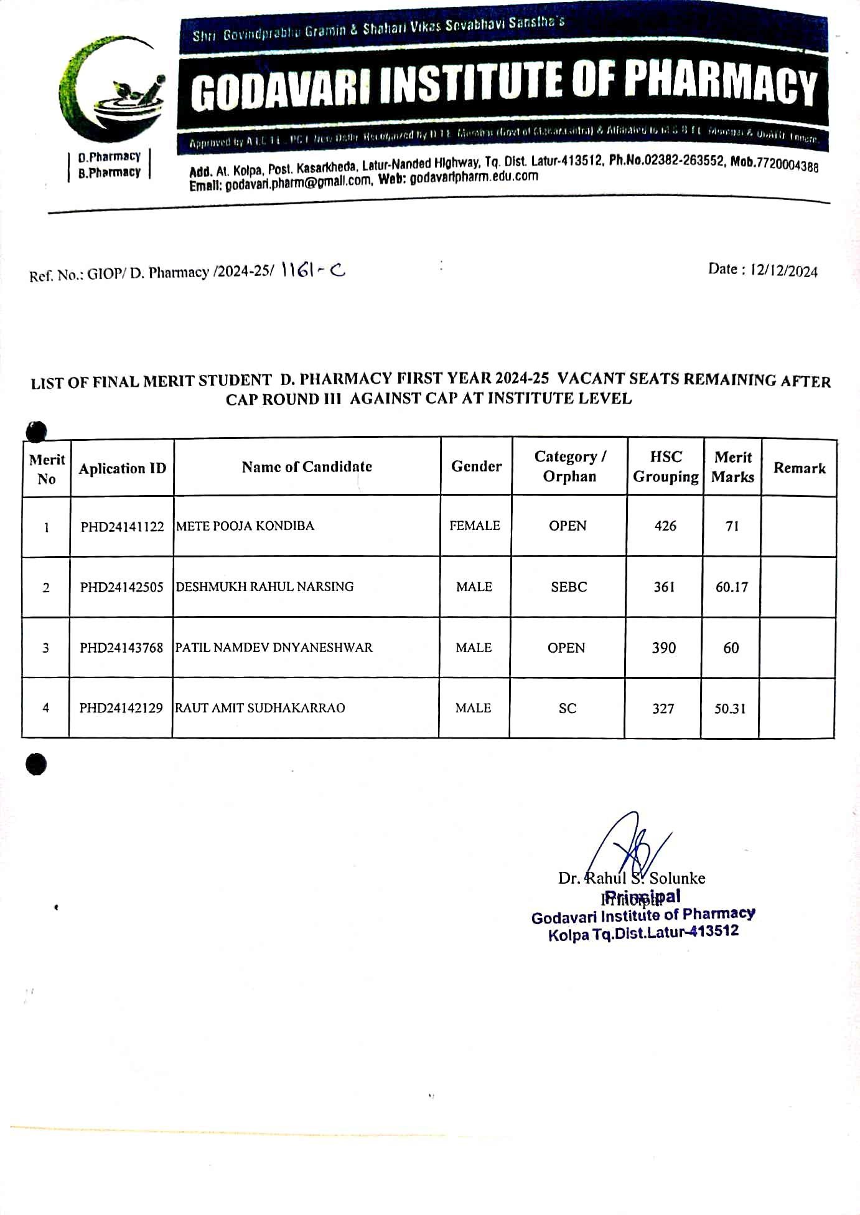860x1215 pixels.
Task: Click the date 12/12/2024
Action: pos(783,271)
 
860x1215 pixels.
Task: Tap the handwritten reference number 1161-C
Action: pos(313,270)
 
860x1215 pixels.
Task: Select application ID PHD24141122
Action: pos(122,527)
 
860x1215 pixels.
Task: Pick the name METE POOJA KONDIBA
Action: pos(245,526)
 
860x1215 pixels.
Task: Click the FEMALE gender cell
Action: pos(475,526)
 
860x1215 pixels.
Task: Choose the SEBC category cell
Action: pos(569,587)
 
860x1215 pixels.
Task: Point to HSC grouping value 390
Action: pos(664,648)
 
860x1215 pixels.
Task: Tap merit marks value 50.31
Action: pos(730,709)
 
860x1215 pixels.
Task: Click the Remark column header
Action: pos(799,468)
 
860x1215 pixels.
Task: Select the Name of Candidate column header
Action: pos(307,467)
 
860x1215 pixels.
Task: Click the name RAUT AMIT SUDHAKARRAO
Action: pos(260,708)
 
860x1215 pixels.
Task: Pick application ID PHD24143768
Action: pos(121,648)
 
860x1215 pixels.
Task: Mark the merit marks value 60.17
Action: pos(732,587)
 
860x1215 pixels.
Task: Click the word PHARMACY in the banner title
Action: pos(721,84)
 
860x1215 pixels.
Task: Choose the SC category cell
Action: pos(568,709)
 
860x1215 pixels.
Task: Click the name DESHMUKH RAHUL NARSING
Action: pos(264,587)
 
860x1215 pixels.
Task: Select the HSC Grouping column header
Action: pos(666,467)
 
